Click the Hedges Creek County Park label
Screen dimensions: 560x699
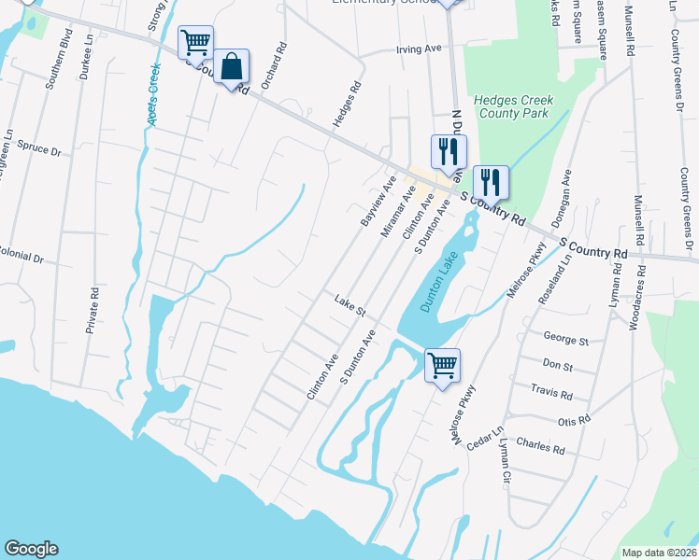click(513, 106)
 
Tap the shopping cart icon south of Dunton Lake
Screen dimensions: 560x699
click(442, 364)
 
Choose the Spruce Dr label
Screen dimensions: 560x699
click(42, 150)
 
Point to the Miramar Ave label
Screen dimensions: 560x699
click(397, 210)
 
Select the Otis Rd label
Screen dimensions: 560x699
click(575, 421)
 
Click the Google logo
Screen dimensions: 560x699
click(31, 549)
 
